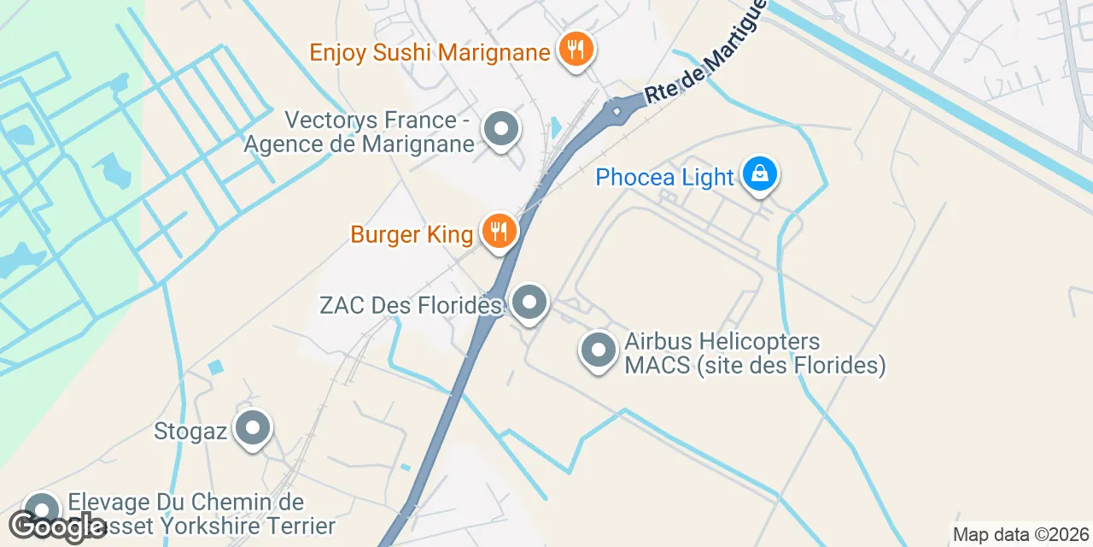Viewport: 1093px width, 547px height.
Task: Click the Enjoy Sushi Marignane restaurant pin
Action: (576, 47)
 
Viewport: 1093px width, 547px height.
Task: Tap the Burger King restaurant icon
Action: (500, 231)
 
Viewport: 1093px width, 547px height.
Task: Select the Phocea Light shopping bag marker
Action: (758, 174)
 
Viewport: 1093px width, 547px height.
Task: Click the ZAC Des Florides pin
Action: (530, 302)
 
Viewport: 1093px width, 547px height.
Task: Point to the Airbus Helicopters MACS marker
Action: (599, 350)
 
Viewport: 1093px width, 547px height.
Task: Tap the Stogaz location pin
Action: (253, 428)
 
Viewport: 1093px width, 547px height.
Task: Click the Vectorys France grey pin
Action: (501, 129)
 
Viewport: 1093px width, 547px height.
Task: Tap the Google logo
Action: (57, 526)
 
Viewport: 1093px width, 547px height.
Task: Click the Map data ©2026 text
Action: (1020, 535)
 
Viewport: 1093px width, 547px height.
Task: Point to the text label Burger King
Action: (412, 234)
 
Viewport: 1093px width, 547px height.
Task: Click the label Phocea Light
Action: (664, 178)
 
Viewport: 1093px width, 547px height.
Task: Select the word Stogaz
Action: (190, 431)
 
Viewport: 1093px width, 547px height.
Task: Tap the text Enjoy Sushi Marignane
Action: (429, 52)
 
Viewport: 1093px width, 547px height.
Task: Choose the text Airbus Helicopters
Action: (722, 342)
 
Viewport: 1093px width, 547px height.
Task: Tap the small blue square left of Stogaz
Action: (215, 367)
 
